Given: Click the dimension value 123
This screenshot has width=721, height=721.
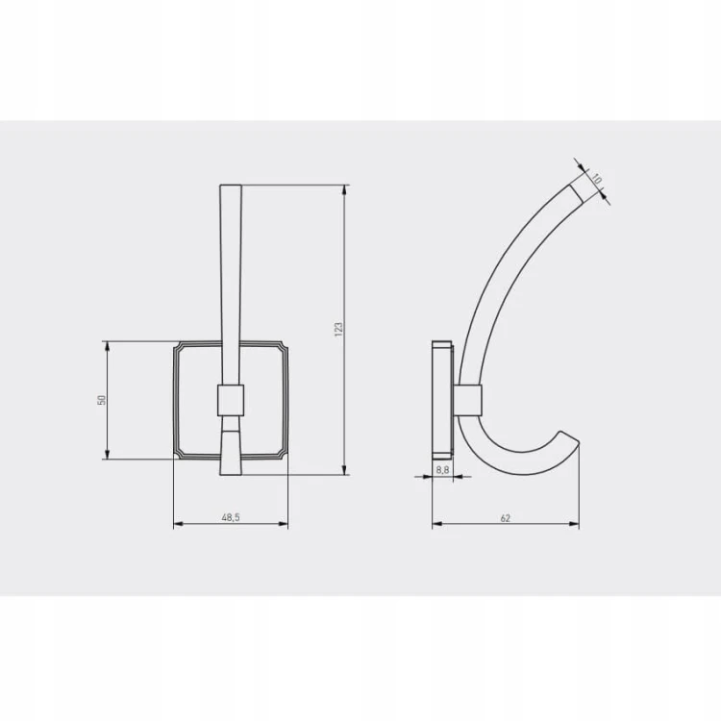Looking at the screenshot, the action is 338,329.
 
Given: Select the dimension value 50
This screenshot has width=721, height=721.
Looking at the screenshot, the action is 102,400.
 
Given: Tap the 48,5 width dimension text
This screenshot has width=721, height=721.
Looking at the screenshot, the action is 231,518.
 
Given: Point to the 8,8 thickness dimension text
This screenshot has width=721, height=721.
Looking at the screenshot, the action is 442,470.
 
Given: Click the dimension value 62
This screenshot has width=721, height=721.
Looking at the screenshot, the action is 505,518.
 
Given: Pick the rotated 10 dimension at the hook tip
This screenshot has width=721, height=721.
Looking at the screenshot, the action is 596,179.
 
